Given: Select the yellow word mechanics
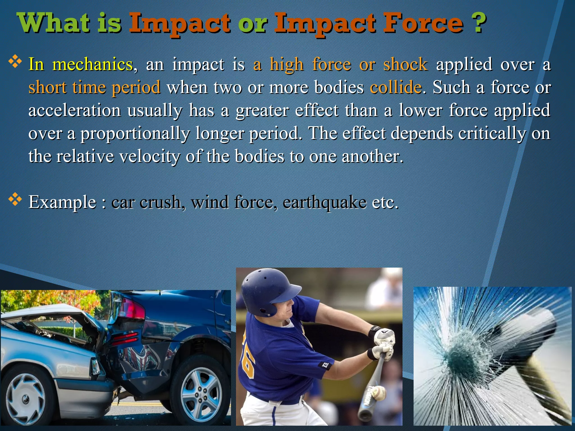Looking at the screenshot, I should pos(93,65).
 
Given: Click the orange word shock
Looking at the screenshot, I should pos(405,65).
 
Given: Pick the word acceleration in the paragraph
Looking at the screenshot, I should pos(74,110).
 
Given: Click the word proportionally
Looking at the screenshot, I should pos(135,134).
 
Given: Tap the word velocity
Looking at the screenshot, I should pos(149,157).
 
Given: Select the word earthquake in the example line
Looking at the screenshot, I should pos(324,203).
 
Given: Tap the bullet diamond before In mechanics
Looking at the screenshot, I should pos(15,62).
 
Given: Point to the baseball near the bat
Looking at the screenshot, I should pos(379,393).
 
